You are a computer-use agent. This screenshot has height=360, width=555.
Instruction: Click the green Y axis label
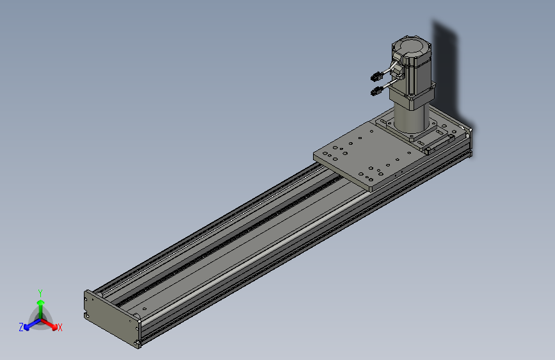pyautogui.click(x=40, y=293)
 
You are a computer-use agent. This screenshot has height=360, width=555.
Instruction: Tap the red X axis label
pyautogui.click(x=60, y=327)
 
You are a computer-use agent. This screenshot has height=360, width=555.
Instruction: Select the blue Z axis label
pyautogui.click(x=21, y=327)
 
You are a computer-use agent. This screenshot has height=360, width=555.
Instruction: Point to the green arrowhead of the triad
pyautogui.click(x=41, y=302)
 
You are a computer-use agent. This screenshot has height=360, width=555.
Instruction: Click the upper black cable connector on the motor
pyautogui.click(x=376, y=76)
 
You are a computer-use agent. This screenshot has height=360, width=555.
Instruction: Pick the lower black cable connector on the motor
pyautogui.click(x=376, y=91)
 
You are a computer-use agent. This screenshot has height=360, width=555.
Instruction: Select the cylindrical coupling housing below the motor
pyautogui.click(x=410, y=118)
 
